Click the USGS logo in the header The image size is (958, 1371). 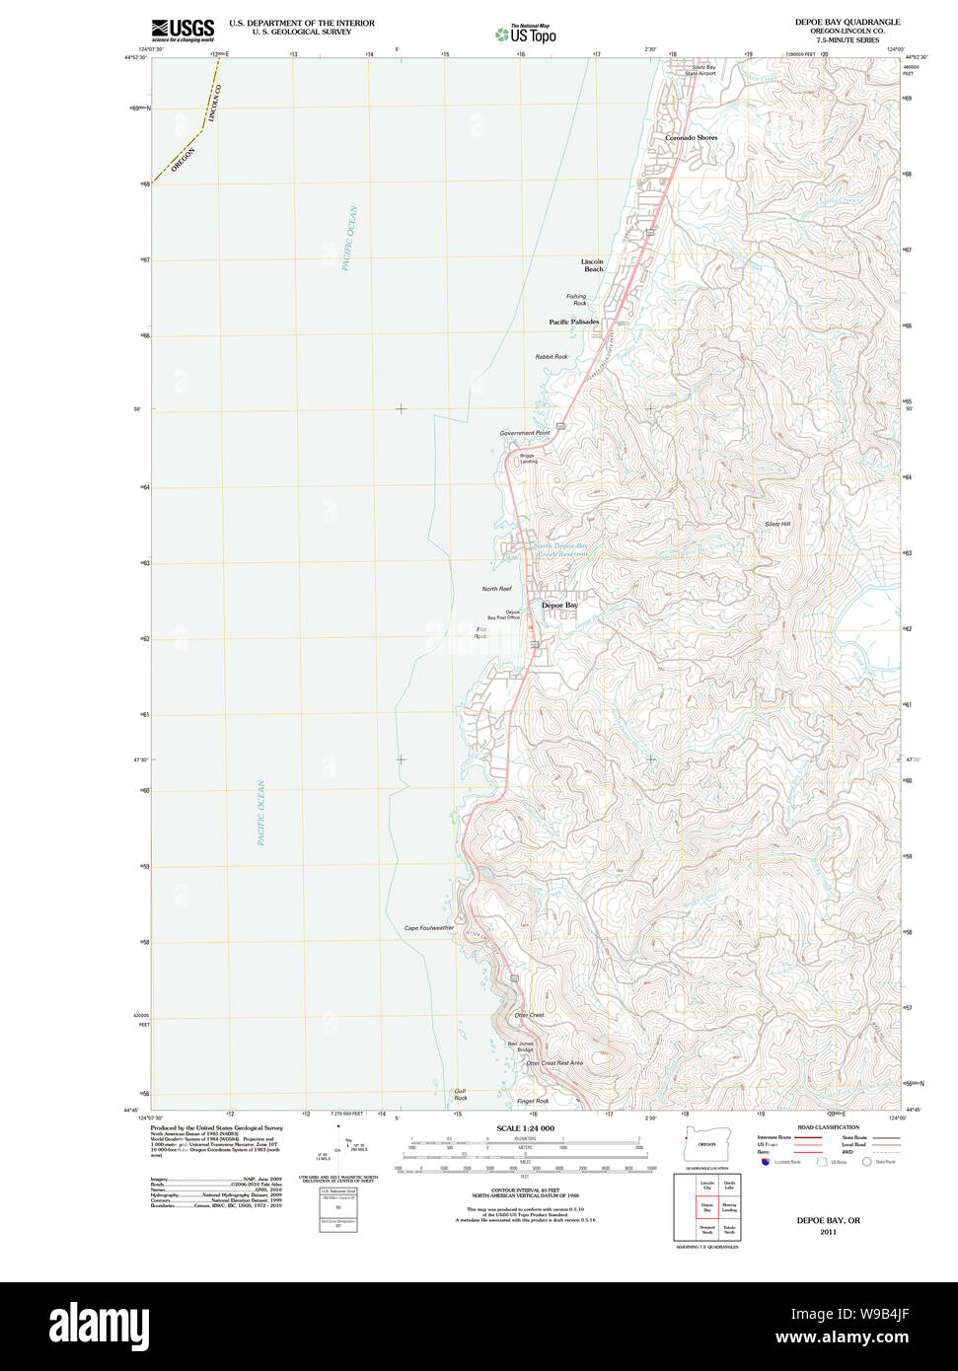coord(183,30)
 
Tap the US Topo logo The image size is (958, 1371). coord(526,35)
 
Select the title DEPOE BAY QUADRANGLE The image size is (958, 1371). coord(847,22)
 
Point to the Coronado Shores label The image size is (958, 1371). coord(691,138)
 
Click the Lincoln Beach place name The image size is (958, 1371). coord(592,265)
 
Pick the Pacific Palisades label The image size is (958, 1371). coord(573,323)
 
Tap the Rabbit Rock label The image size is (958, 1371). coord(552,357)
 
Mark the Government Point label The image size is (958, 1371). coord(524,433)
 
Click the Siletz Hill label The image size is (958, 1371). coord(777,524)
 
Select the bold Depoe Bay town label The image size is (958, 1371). coord(559,605)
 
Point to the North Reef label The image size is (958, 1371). coord(496,589)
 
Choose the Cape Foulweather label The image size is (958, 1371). coord(429,928)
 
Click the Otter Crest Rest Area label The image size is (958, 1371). coord(553,1063)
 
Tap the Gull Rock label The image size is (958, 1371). coord(460,1095)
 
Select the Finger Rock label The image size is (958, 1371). coord(533,1101)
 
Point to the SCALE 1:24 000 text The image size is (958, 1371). coord(525,1128)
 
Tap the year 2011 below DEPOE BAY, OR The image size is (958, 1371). coord(828,1232)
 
